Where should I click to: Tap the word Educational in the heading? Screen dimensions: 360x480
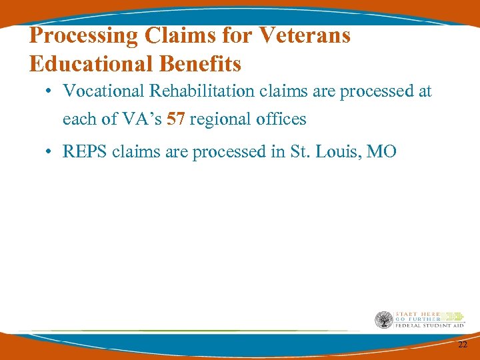pyautogui.click(x=91, y=64)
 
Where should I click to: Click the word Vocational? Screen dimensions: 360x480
pyautogui.click(x=101, y=91)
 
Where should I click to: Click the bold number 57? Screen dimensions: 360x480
pyautogui.click(x=176, y=119)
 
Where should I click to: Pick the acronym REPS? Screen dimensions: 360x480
pyautogui.click(x=85, y=152)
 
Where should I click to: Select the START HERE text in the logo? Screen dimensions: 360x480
pyautogui.click(x=415, y=313)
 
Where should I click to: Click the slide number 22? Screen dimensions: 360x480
pyautogui.click(x=463, y=345)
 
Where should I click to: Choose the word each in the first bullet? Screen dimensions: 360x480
pyautogui.click(x=77, y=119)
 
